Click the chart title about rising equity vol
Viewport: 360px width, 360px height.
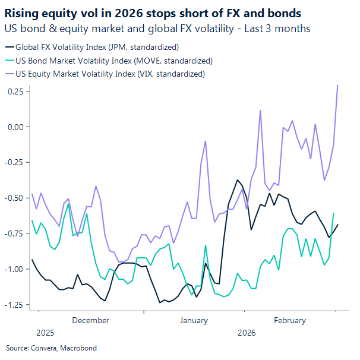pyautogui.click(x=152, y=13)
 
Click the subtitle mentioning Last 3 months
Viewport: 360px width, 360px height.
pyautogui.click(x=157, y=28)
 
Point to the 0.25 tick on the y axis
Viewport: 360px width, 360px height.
pyautogui.click(x=16, y=91)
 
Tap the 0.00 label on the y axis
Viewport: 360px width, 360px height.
pyautogui.click(x=16, y=127)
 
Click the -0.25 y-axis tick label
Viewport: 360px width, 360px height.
pyautogui.click(x=15, y=162)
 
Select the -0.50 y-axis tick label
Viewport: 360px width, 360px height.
pyautogui.click(x=15, y=198)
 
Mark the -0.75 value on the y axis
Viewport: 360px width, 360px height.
pyautogui.click(x=15, y=233)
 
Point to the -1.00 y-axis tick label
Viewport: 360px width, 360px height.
pyautogui.click(x=15, y=269)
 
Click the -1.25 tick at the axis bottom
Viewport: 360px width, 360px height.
pyautogui.click(x=15, y=304)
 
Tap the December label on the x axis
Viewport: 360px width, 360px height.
pyautogui.click(x=90, y=320)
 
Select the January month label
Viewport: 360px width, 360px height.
pyautogui.click(x=194, y=320)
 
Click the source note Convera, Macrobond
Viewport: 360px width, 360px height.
pyautogui.click(x=51, y=348)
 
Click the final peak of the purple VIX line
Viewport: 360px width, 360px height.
pyautogui.click(x=337, y=85)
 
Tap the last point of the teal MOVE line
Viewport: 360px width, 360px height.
pyautogui.click(x=333, y=213)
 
